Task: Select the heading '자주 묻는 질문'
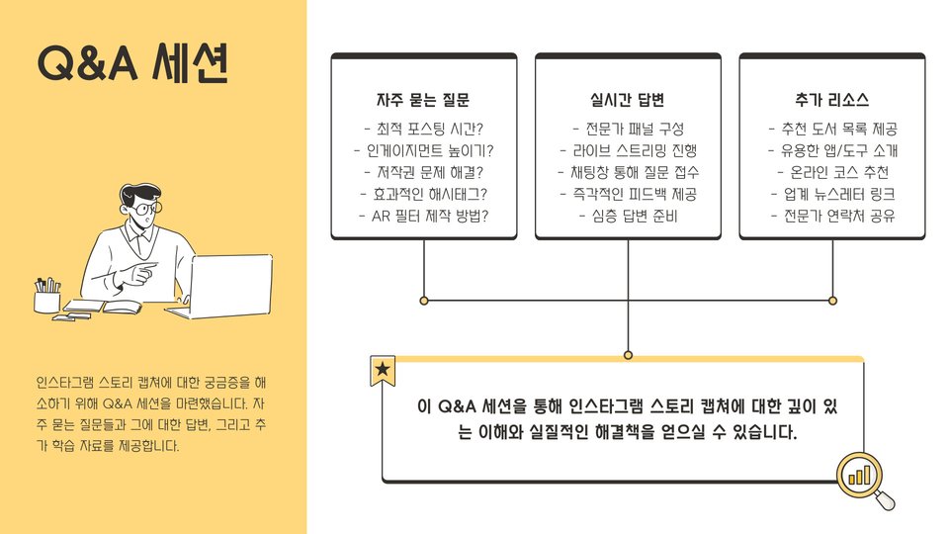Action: [423, 100]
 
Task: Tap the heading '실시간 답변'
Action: [628, 100]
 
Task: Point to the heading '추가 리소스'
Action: [831, 100]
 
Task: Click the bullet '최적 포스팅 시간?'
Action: [423, 130]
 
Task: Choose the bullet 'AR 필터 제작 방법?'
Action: [423, 216]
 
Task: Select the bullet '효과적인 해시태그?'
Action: [423, 194]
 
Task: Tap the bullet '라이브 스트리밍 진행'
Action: [628, 151]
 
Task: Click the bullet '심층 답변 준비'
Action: [628, 216]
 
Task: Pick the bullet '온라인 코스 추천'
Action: [831, 173]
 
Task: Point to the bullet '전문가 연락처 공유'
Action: [831, 216]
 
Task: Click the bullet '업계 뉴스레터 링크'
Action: [831, 194]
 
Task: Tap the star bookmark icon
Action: [383, 371]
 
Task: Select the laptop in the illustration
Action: [228, 284]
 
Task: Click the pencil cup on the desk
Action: [47, 297]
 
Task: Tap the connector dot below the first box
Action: [424, 300]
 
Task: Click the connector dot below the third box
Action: [832, 300]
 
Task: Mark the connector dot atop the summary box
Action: [628, 354]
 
